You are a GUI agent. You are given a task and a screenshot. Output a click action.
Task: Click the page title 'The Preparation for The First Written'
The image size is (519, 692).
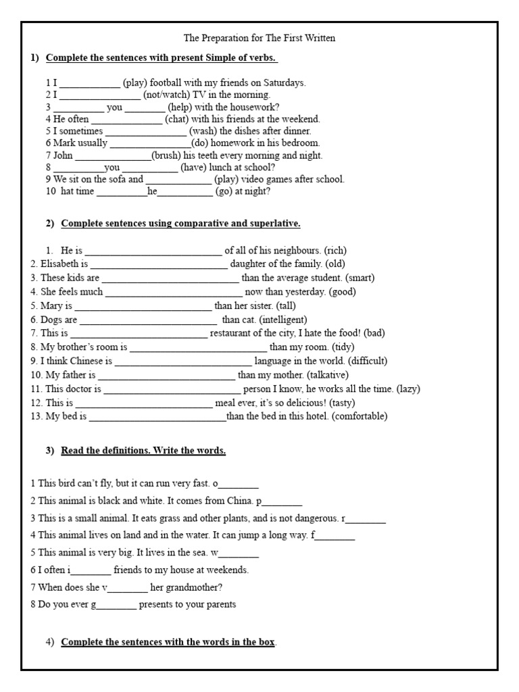click(259, 39)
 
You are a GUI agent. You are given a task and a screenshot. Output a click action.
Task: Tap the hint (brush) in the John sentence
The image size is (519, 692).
click(166, 155)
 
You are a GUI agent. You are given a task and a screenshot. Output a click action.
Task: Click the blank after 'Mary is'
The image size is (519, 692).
click(143, 306)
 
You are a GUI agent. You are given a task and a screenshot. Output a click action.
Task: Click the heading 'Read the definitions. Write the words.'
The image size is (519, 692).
click(143, 451)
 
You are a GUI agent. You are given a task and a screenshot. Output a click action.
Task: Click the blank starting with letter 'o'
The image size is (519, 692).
click(238, 485)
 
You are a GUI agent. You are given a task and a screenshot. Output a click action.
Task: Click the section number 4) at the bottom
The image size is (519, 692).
click(50, 642)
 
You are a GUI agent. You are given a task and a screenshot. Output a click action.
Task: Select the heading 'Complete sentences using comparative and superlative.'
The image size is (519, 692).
click(180, 224)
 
